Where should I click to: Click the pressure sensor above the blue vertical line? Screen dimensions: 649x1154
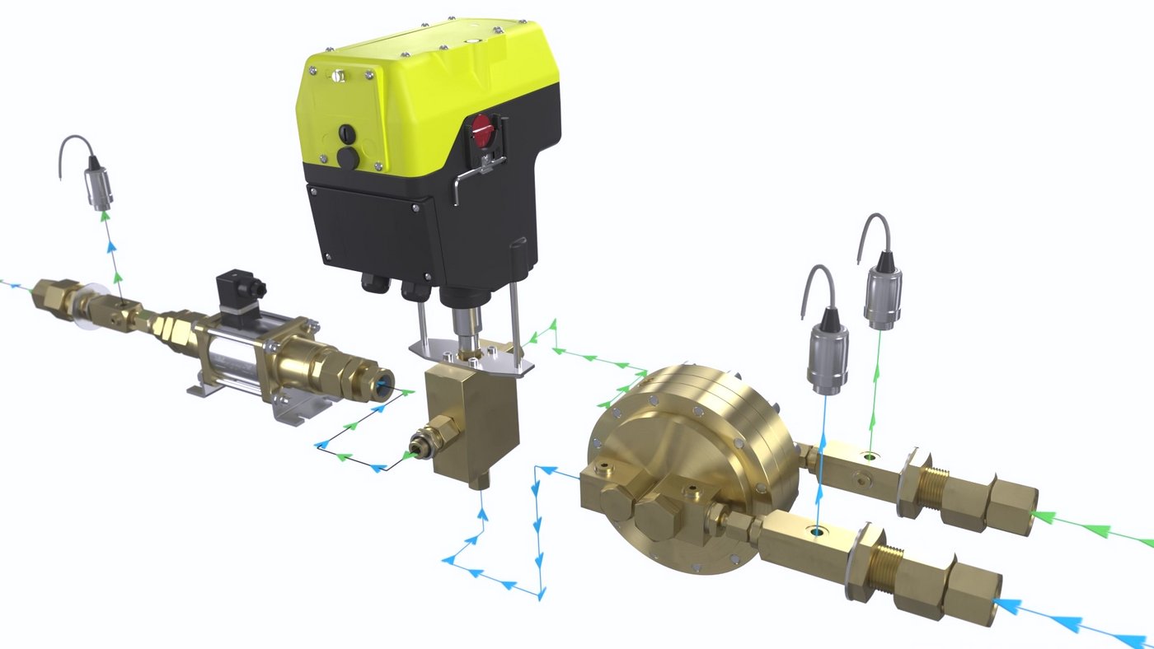click(827, 356)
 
